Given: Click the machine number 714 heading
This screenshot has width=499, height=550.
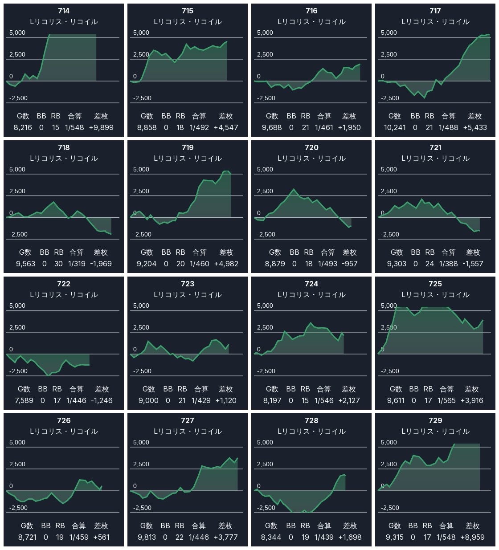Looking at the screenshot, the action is [x=64, y=11].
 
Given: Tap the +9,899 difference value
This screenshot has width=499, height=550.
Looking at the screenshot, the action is [x=101, y=127].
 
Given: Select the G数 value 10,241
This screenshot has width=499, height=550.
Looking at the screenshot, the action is [x=394, y=127].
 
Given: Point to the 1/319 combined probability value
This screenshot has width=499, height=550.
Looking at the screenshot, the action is [x=77, y=264].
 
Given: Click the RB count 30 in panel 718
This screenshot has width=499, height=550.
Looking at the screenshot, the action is [x=58, y=264].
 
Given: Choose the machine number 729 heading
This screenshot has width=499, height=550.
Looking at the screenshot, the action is [x=435, y=420].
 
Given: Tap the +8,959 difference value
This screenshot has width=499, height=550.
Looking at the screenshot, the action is [x=472, y=537].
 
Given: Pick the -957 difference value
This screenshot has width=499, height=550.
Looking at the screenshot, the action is [x=349, y=264].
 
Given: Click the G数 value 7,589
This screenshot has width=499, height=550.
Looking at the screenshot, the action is [x=24, y=400].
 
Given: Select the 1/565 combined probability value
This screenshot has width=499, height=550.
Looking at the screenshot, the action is [x=446, y=400].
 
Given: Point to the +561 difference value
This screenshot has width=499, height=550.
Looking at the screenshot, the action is [x=101, y=537].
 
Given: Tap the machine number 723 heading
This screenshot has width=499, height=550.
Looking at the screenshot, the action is [x=188, y=284].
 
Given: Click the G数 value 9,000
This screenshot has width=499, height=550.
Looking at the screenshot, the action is [x=148, y=400].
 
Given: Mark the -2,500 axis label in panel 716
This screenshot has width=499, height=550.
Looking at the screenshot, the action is [x=266, y=98].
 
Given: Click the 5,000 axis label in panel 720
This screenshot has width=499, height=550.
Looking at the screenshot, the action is [x=265, y=169].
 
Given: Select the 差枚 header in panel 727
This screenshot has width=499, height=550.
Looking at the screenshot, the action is [x=225, y=526].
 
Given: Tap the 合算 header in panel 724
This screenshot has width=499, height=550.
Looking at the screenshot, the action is [x=324, y=389].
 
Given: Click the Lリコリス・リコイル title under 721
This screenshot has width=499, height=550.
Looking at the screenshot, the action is [x=435, y=159].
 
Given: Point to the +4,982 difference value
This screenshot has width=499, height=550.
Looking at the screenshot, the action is [x=226, y=264].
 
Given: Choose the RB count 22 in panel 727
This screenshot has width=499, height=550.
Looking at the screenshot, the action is [x=180, y=537].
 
